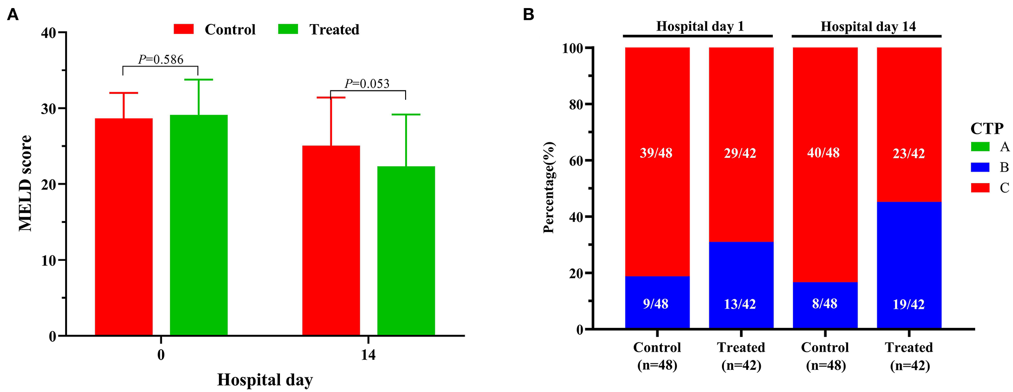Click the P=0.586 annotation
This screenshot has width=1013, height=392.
point(161,60)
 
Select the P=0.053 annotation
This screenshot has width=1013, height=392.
point(367,84)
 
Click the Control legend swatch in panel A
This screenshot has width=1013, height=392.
point(184,29)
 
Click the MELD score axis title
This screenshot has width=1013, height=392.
point(25,183)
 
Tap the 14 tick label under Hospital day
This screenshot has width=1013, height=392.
point(368,355)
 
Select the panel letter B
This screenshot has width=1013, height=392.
point(528,15)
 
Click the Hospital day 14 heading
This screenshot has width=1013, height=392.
point(868,27)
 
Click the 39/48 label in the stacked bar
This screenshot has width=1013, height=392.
point(656,153)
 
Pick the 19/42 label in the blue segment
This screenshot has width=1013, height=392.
point(909,304)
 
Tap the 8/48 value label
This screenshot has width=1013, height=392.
point(825,304)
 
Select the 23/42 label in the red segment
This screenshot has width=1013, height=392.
point(909,153)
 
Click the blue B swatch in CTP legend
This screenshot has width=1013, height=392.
point(980,167)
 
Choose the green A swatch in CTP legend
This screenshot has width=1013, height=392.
point(980,147)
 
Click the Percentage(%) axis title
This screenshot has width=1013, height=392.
point(549,188)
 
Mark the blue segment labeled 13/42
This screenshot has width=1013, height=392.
point(741,285)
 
